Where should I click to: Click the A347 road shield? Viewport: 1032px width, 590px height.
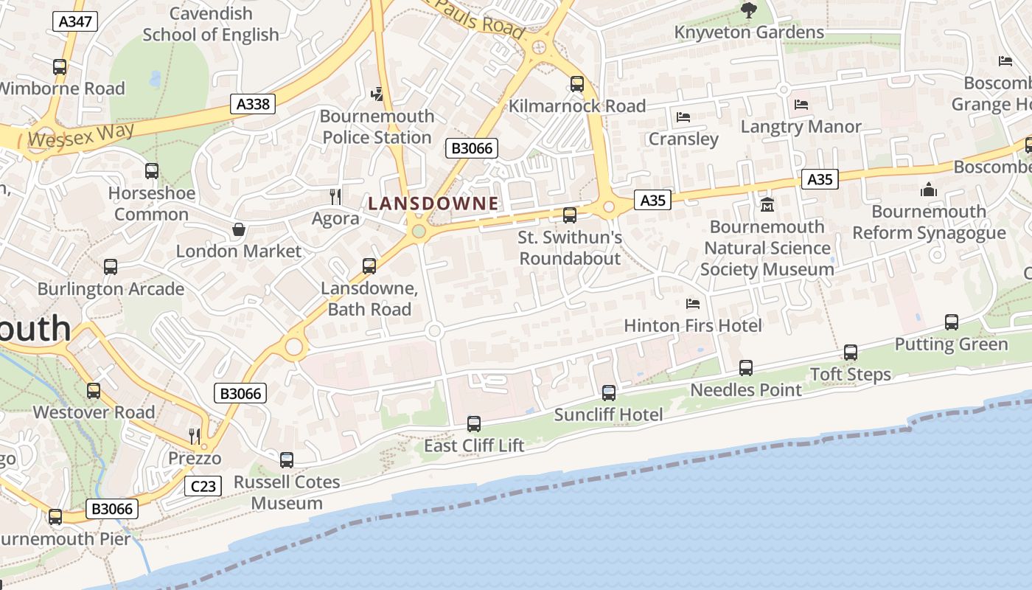pyautogui.click(x=75, y=21)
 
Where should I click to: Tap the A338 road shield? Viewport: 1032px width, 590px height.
pyautogui.click(x=252, y=104)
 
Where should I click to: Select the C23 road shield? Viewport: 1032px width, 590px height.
pyautogui.click(x=203, y=486)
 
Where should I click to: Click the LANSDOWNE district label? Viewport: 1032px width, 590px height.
pyautogui.click(x=433, y=203)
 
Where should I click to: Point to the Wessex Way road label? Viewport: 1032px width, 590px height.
pyautogui.click(x=82, y=135)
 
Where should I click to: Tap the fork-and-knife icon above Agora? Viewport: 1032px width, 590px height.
pyautogui.click(x=335, y=196)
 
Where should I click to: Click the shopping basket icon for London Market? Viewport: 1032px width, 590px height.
pyautogui.click(x=239, y=229)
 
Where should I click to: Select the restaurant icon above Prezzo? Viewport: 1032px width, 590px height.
pyautogui.click(x=195, y=436)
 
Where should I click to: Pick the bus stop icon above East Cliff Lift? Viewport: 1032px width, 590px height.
pyautogui.click(x=474, y=424)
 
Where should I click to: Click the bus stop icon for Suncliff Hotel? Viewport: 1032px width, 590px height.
pyautogui.click(x=609, y=393)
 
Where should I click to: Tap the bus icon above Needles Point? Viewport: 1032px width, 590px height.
pyautogui.click(x=746, y=367)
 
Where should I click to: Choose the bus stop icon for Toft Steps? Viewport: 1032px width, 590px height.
pyautogui.click(x=851, y=353)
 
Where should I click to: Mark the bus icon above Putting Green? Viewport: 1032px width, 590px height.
pyautogui.click(x=952, y=322)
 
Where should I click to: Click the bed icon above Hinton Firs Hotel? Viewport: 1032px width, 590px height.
pyautogui.click(x=692, y=303)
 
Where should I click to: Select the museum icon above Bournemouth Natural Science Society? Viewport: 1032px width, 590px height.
pyautogui.click(x=767, y=204)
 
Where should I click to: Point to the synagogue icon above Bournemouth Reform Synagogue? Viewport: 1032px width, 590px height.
pyautogui.click(x=929, y=190)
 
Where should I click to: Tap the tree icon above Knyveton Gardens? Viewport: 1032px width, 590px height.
pyautogui.click(x=749, y=10)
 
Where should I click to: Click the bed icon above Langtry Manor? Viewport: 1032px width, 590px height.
pyautogui.click(x=801, y=105)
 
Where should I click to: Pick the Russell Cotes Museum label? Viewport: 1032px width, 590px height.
pyautogui.click(x=287, y=493)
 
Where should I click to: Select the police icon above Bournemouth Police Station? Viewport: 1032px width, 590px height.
pyautogui.click(x=377, y=94)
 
